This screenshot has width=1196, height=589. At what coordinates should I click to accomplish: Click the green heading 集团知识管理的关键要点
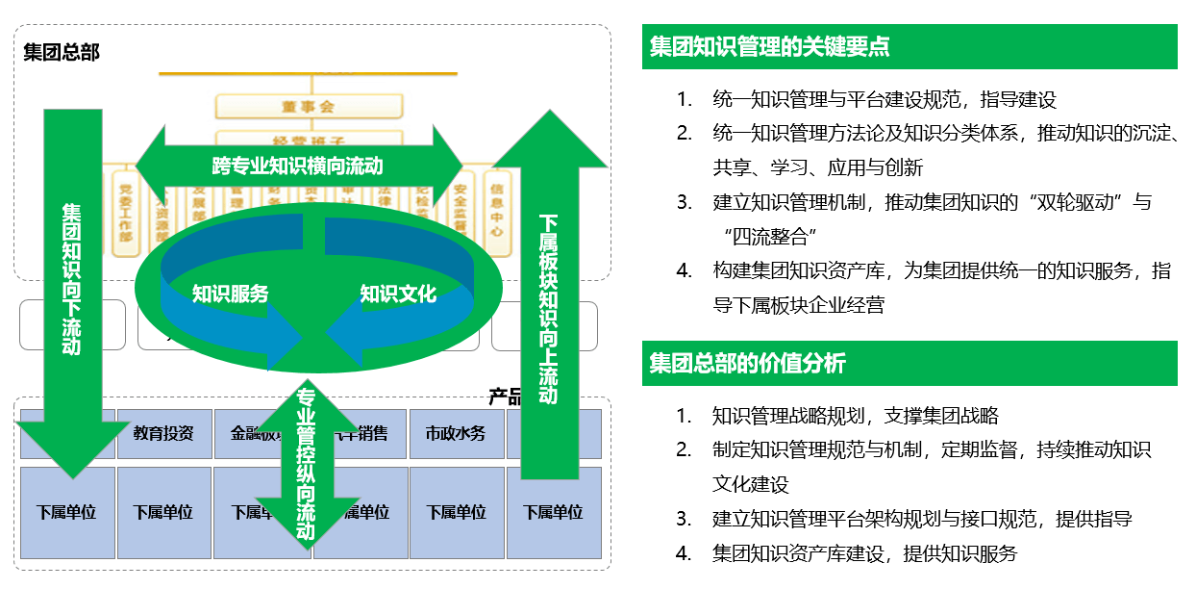coord(769,47)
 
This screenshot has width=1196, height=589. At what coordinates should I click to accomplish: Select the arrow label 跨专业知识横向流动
coord(297,165)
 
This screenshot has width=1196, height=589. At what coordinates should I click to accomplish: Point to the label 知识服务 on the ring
coord(230,294)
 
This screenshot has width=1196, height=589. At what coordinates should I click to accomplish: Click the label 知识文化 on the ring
coord(398,294)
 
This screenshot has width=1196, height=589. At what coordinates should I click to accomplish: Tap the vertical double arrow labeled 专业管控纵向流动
coord(306,462)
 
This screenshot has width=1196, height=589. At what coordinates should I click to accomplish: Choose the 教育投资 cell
coord(163,433)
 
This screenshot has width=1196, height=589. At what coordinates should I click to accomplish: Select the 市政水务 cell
coord(456,433)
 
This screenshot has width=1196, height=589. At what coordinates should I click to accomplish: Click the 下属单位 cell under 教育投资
coord(163,512)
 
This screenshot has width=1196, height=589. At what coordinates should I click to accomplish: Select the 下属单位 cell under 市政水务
coord(456,512)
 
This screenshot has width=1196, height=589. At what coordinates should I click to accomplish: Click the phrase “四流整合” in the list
coord(766,237)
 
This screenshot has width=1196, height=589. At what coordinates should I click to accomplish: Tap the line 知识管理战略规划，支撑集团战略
coord(856,416)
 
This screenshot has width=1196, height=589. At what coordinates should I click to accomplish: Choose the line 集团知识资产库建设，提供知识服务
coord(864,553)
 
